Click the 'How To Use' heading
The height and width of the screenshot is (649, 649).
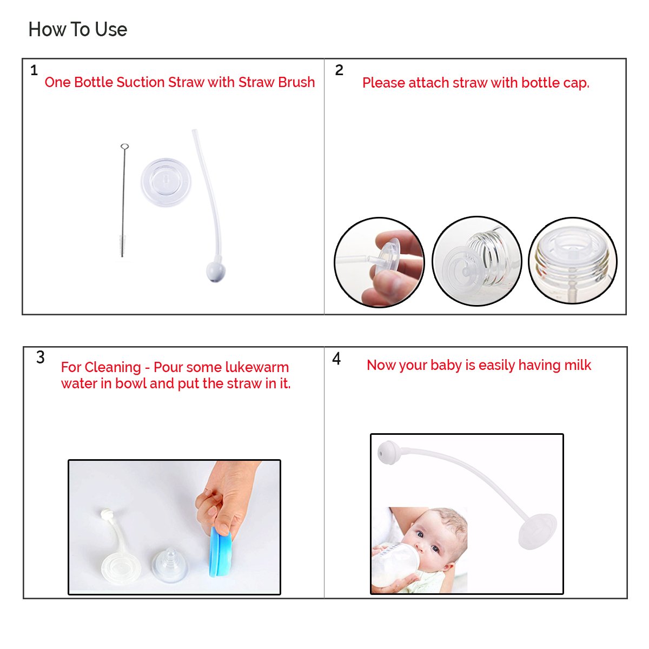click(x=78, y=29)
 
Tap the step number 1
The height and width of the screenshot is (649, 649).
click(x=34, y=70)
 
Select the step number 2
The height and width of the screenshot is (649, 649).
click(x=339, y=70)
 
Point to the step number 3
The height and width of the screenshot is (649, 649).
click(x=41, y=357)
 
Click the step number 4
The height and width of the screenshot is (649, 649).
click(x=336, y=359)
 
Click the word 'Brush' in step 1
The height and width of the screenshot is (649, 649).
click(x=296, y=82)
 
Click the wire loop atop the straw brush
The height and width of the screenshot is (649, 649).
click(x=124, y=147)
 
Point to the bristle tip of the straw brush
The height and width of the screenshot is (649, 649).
click(x=122, y=246)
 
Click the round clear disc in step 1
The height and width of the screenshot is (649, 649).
click(x=165, y=182)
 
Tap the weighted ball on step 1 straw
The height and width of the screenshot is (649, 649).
click(x=216, y=271)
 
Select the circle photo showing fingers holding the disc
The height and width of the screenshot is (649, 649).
click(x=379, y=262)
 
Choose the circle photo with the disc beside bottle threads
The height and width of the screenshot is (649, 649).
click(x=476, y=261)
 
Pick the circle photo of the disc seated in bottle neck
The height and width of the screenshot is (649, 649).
click(x=573, y=260)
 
